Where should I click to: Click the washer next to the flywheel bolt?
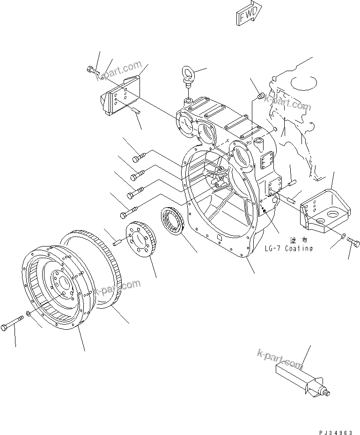coord(29,313)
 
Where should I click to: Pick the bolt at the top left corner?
coord(92,70)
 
